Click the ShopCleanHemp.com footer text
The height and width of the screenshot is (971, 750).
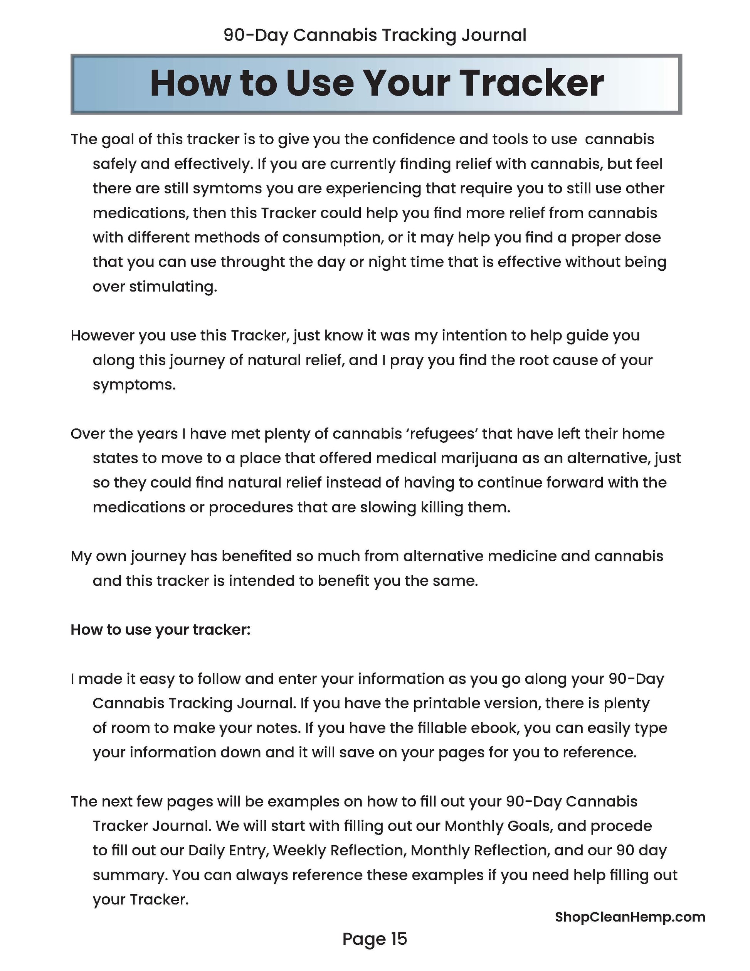[630, 917]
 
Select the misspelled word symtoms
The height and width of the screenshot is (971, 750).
[227, 189]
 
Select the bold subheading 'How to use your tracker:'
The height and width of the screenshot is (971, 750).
[160, 630]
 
